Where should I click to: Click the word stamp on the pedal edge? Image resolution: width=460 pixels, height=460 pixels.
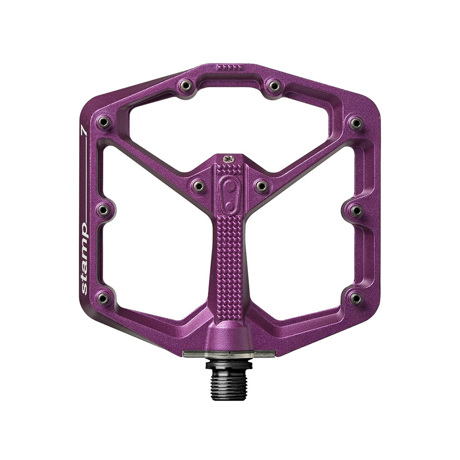click(84, 258)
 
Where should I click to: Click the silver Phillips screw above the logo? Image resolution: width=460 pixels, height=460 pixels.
click(229, 159)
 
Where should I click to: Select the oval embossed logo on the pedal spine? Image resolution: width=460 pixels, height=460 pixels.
click(230, 194)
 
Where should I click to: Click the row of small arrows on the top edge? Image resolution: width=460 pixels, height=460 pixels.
click(229, 68)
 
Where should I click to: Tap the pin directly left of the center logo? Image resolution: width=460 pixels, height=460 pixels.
click(199, 186)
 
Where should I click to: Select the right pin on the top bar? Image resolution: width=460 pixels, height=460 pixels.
click(274, 86)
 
